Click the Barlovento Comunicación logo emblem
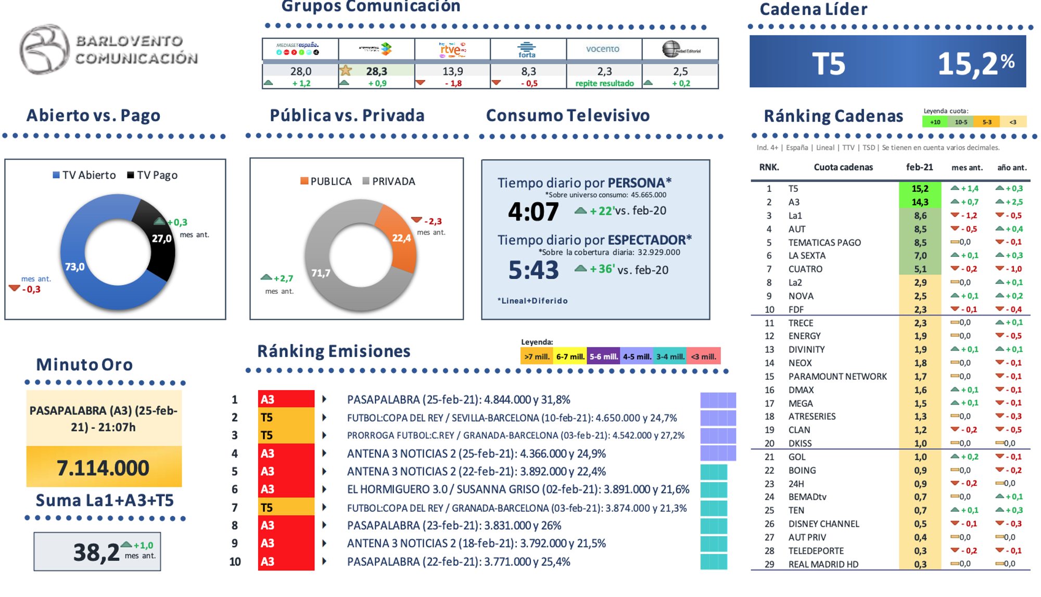pyautogui.click(x=44, y=49)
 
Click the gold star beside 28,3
pyautogui.click(x=345, y=70)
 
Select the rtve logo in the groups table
pyautogui.click(x=452, y=49)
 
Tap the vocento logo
pyautogui.click(x=603, y=49)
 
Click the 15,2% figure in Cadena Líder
pyautogui.click(x=975, y=63)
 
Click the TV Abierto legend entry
pyautogui.click(x=84, y=175)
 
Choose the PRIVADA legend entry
pyautogui.click(x=389, y=181)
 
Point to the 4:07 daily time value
pyautogui.click(x=533, y=211)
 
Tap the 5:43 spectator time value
pyautogui.click(x=533, y=270)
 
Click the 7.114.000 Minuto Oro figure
pyautogui.click(x=103, y=468)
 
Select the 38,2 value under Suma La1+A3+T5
pyautogui.click(x=96, y=552)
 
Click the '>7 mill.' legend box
pyautogui.click(x=537, y=356)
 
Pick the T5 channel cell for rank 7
pyautogui.click(x=286, y=507)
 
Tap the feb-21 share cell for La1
pyautogui.click(x=920, y=215)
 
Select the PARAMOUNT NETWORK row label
pyautogui.click(x=837, y=377)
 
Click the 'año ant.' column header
pyautogui.click(x=1011, y=167)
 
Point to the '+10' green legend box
pyautogui.click(x=935, y=122)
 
